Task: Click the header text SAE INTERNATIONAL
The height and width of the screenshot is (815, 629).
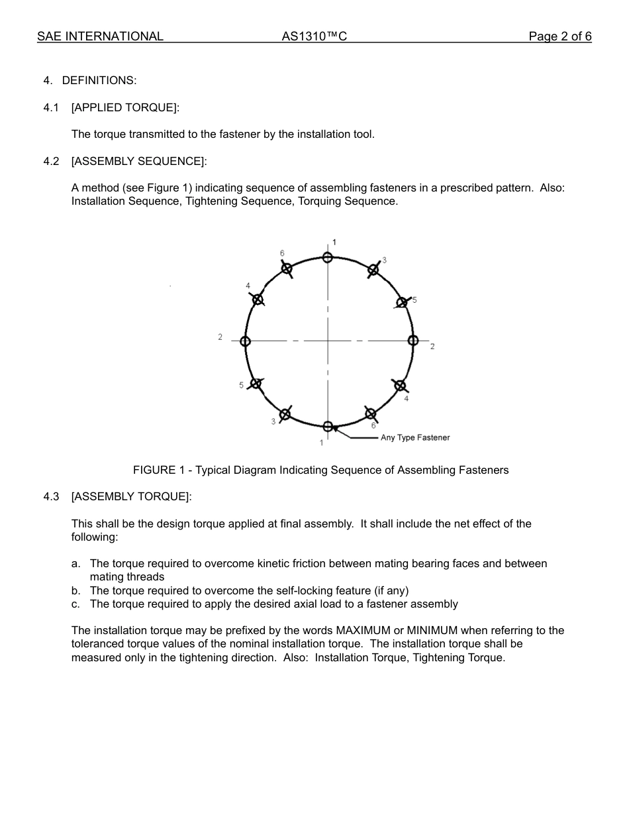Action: pos(100,36)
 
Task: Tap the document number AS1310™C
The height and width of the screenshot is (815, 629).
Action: pos(314,36)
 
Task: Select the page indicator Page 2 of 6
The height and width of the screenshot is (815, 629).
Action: pos(559,36)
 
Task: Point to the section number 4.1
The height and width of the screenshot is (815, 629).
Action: pos(51,107)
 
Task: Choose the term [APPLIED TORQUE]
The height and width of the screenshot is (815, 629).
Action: pos(125,107)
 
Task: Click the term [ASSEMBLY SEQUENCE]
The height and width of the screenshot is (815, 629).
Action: pos(139,161)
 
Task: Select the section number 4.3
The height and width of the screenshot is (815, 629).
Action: pos(51,496)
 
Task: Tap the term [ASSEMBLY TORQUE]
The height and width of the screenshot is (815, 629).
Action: pos(131,496)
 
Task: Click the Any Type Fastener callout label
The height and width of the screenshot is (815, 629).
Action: pos(415,438)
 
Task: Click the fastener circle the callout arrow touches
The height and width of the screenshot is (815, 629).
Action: pos(328,426)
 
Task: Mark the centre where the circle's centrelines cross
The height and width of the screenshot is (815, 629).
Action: pos(328,341)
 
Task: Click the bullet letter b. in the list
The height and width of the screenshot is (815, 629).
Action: pos(76,590)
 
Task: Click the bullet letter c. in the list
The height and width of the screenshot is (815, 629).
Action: pos(76,604)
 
